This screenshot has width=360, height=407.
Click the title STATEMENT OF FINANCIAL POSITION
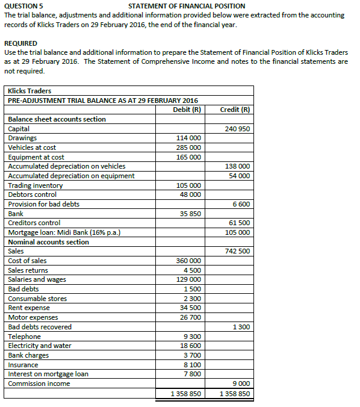187,5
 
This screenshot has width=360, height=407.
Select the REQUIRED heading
20,43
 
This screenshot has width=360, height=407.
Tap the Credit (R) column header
235,110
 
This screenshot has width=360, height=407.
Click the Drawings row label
22,138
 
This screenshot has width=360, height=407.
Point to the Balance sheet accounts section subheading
57,119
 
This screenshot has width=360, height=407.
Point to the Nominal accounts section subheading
48,242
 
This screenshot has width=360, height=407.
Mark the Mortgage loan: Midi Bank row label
63,232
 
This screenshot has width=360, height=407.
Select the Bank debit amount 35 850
191,214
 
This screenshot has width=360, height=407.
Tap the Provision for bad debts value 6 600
241,204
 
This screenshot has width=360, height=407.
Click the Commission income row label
39,384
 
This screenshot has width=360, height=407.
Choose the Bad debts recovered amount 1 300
241,327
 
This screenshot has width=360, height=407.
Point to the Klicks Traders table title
29,91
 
